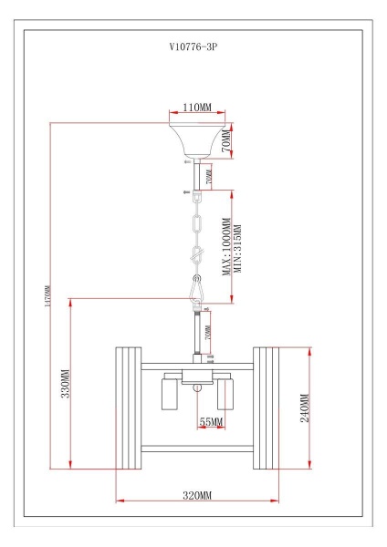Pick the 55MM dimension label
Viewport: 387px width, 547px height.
(211, 422)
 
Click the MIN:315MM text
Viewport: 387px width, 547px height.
(236, 248)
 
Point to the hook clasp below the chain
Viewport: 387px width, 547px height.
(196, 290)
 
